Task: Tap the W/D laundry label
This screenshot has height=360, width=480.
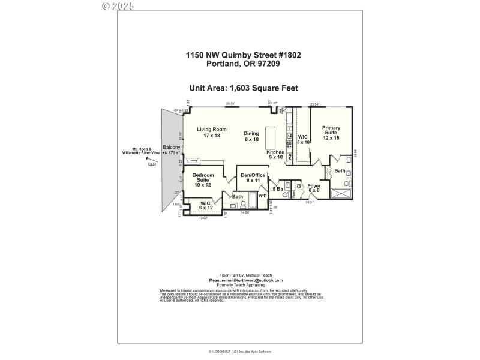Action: click(262, 196)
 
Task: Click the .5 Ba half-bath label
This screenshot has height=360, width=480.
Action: click(277, 190)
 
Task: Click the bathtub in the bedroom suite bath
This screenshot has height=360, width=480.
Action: click(238, 208)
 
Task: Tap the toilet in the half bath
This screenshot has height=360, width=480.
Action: click(287, 185)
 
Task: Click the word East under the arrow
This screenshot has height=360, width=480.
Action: click(151, 163)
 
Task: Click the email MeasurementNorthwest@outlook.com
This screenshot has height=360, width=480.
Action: click(245, 280)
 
